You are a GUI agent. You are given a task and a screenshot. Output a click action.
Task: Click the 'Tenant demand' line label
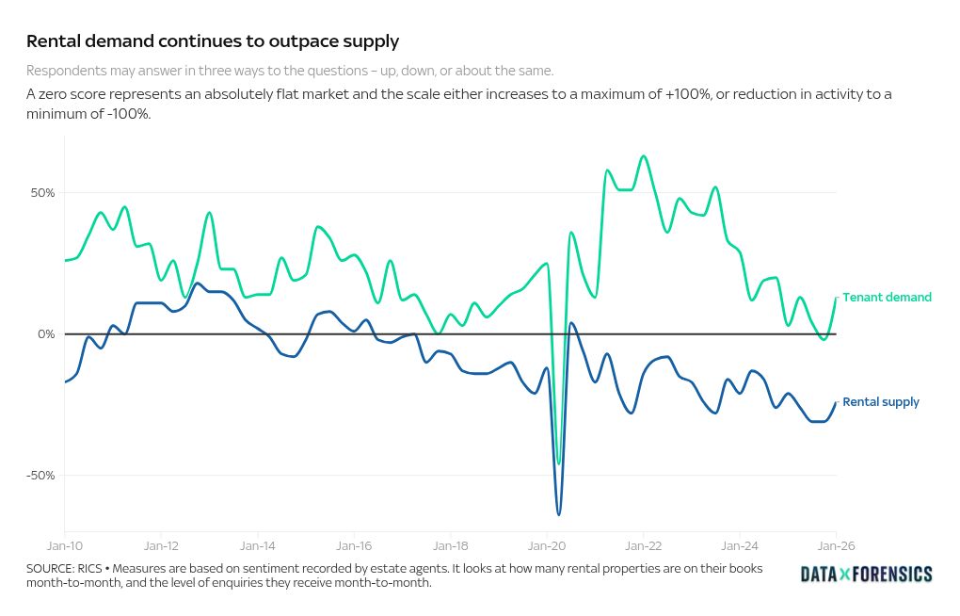(887, 297)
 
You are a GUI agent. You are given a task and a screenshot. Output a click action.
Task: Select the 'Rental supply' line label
(881, 402)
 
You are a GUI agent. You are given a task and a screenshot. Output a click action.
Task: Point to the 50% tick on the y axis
(43, 193)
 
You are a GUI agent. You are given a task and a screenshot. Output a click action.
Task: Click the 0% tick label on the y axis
(46, 334)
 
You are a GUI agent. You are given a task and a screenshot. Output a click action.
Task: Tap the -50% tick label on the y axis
(41, 476)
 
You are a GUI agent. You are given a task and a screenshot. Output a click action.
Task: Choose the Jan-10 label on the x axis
(64, 545)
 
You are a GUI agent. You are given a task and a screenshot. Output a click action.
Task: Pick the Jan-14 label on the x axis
(257, 545)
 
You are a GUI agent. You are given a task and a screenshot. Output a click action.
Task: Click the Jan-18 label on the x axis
(450, 545)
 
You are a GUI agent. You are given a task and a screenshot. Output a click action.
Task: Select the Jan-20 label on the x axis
(547, 545)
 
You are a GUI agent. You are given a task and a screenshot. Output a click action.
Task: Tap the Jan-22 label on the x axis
(643, 545)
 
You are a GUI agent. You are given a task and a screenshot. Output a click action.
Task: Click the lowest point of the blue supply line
(559, 514)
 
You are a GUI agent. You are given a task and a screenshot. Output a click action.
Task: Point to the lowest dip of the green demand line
(559, 463)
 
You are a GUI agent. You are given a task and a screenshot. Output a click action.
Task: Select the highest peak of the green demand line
(643, 155)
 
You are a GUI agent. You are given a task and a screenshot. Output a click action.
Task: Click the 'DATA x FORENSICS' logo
(866, 574)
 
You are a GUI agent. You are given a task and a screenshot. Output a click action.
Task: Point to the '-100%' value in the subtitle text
(129, 113)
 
